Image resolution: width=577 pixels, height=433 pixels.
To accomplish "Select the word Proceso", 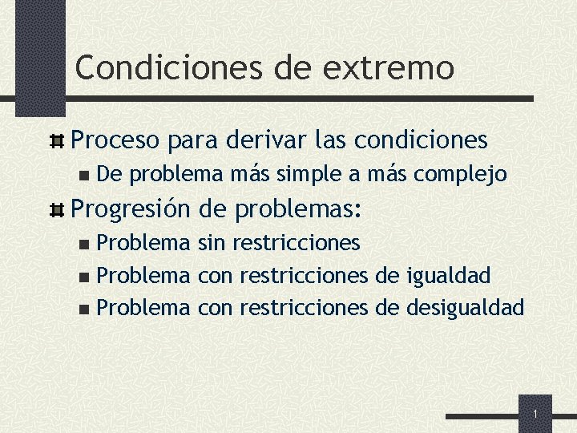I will (x=118, y=140).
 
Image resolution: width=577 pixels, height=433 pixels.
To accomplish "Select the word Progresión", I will (x=131, y=210).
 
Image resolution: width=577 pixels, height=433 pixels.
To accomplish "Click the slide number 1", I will (x=535, y=414).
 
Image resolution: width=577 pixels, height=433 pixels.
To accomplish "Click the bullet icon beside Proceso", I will (x=58, y=141).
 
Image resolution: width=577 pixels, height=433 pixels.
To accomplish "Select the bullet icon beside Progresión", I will (x=58, y=211).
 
